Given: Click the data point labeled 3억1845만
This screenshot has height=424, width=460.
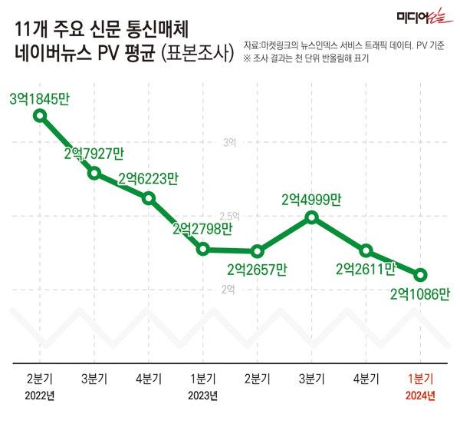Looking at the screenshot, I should pos(40,116).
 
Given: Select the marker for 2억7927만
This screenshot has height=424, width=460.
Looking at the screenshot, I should pos(94,173).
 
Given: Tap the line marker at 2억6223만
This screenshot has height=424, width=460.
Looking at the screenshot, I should pos(149,197).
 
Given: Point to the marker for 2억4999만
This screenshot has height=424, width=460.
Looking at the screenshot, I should pos(311,217).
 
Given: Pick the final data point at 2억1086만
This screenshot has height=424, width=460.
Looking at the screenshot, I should pos(420,274).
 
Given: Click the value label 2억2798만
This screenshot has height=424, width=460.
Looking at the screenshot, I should pos(202,228).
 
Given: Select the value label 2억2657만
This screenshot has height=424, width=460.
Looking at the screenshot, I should pos(257,270).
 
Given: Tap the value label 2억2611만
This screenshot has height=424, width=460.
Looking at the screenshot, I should pos(366,269).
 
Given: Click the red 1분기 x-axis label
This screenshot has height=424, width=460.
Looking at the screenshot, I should pos(420,379).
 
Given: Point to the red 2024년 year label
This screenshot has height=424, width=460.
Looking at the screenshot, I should pos(420,396).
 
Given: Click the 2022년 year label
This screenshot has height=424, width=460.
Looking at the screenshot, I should pos(40,396).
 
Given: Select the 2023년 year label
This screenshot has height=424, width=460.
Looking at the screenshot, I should pos(202,396).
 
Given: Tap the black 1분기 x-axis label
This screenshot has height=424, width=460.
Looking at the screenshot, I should pos(202,379).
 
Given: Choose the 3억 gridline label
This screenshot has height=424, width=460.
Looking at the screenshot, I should pos(229,143).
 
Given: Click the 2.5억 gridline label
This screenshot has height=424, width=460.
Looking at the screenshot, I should pos(229,216).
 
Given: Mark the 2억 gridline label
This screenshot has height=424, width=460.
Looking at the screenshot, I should pos(229,289).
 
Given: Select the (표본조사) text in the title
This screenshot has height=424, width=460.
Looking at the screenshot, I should pos(196,55).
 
